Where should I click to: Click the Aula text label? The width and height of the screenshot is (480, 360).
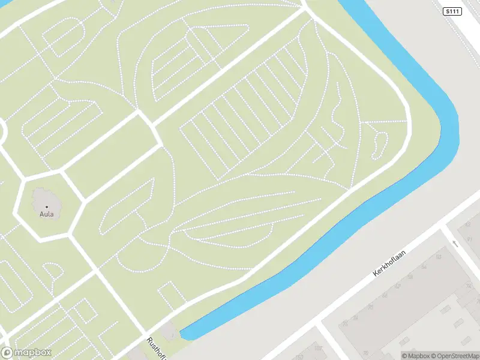(x=46, y=214)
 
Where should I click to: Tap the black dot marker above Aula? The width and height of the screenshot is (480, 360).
(x=46, y=206)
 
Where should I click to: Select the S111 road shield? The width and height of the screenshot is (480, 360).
(x=454, y=11)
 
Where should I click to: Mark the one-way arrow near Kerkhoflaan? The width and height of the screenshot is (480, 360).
(x=454, y=243)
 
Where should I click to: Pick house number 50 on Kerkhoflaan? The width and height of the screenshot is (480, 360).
(x=439, y=257)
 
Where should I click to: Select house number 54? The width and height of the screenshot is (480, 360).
(x=423, y=268)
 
